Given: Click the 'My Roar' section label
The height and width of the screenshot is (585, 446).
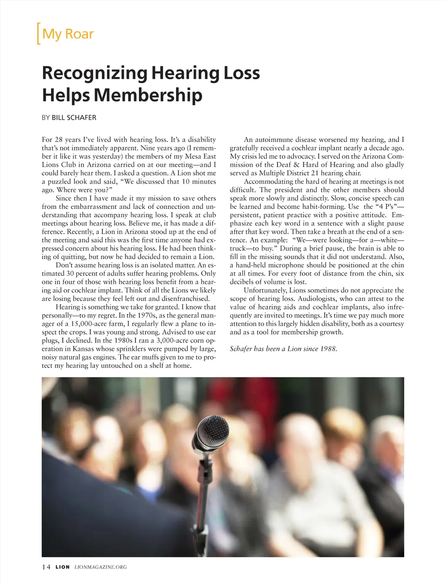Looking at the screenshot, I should pos(68,34).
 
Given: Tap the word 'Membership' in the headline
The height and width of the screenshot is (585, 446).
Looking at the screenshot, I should pos(148,95).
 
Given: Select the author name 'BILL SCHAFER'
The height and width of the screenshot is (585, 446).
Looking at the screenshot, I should pos(74,118).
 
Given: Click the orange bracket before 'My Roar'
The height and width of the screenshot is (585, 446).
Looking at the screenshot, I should pos(38,34).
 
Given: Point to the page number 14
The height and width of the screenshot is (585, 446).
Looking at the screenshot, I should pos(46,567).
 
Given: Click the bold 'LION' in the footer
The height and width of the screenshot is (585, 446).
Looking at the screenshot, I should pos(62,567).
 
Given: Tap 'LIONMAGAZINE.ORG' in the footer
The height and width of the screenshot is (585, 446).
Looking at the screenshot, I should pos(101,567).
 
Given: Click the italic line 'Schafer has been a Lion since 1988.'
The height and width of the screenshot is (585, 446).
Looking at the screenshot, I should pos(283,349).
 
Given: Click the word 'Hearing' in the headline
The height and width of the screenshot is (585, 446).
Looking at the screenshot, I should pos(185,73).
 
